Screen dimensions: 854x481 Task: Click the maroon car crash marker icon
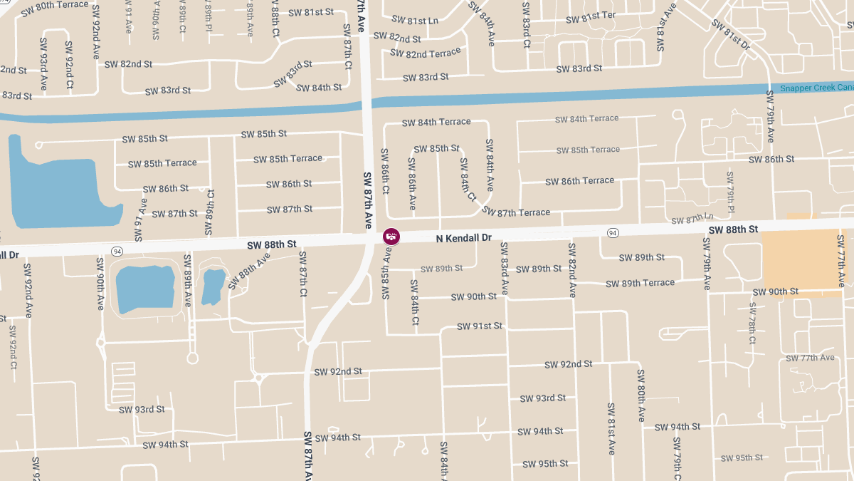(x=391, y=235)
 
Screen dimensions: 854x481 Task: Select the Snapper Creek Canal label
(x=816, y=88)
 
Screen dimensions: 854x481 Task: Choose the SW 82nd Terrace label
(x=425, y=53)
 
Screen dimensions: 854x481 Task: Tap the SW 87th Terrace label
(x=516, y=212)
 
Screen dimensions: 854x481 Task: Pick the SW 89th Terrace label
(x=640, y=283)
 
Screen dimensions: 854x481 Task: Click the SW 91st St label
(x=479, y=326)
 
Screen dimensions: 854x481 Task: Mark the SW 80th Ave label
(x=640, y=395)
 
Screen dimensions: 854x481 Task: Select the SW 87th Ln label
(x=692, y=218)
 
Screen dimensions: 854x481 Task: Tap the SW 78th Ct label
(x=752, y=324)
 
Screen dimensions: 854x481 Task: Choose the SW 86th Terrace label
(x=579, y=181)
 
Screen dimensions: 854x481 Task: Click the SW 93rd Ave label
(x=43, y=63)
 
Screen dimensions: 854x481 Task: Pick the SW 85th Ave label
(x=387, y=273)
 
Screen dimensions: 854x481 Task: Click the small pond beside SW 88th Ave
(x=213, y=286)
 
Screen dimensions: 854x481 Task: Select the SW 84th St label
(x=318, y=88)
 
